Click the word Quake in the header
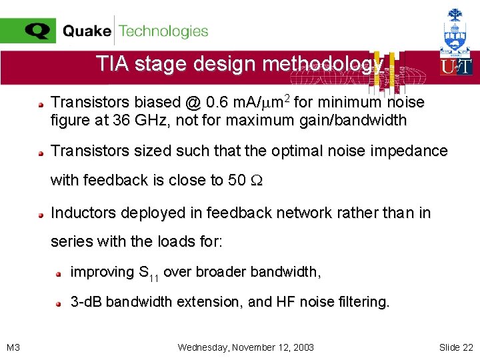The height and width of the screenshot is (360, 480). click(87, 31)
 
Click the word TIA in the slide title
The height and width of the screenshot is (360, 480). click(109, 64)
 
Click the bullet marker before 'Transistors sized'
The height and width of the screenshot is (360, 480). click(41, 153)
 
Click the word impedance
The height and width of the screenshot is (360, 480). click(413, 151)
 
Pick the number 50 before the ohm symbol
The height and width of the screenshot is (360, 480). click(238, 180)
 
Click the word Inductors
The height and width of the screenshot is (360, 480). click(80, 213)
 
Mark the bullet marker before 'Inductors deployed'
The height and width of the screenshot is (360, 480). click(41, 214)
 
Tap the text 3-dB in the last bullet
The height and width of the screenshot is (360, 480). click(86, 302)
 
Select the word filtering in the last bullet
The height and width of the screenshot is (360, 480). click(364, 302)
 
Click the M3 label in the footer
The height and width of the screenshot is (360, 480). click(13, 347)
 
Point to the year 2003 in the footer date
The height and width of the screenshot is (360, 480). click(302, 347)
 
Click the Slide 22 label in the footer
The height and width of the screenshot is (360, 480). click(456, 347)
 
